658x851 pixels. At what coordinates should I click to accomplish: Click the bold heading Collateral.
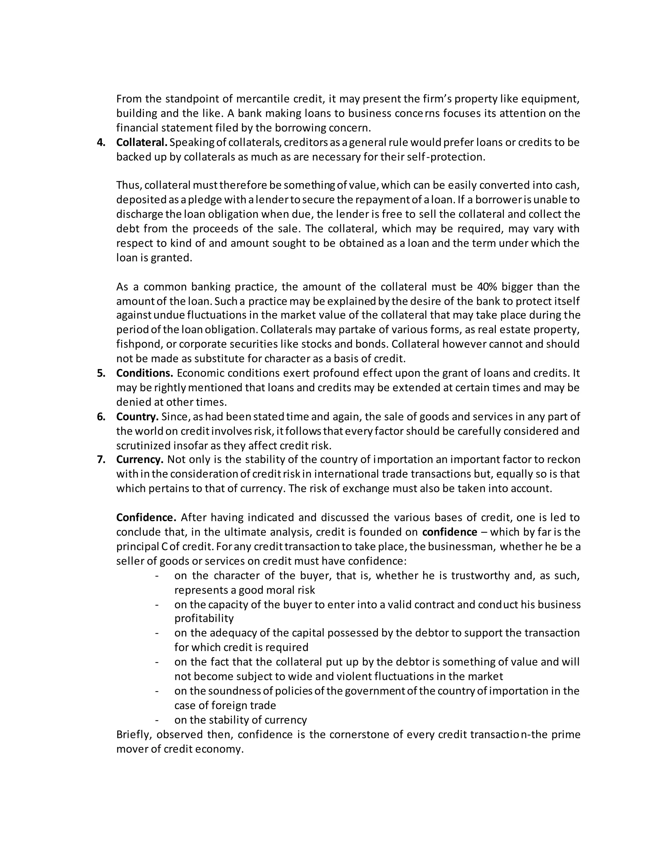click(x=141, y=143)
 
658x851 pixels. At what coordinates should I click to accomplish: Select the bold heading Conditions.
click(x=145, y=373)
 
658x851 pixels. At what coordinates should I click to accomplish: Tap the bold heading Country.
click(x=137, y=417)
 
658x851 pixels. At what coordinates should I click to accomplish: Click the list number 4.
click(x=101, y=143)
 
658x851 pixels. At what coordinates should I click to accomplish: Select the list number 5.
click(x=101, y=373)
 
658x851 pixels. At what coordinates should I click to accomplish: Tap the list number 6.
click(x=101, y=417)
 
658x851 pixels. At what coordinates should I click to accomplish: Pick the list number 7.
click(x=101, y=460)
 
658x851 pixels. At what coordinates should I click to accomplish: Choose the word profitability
click(x=204, y=619)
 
